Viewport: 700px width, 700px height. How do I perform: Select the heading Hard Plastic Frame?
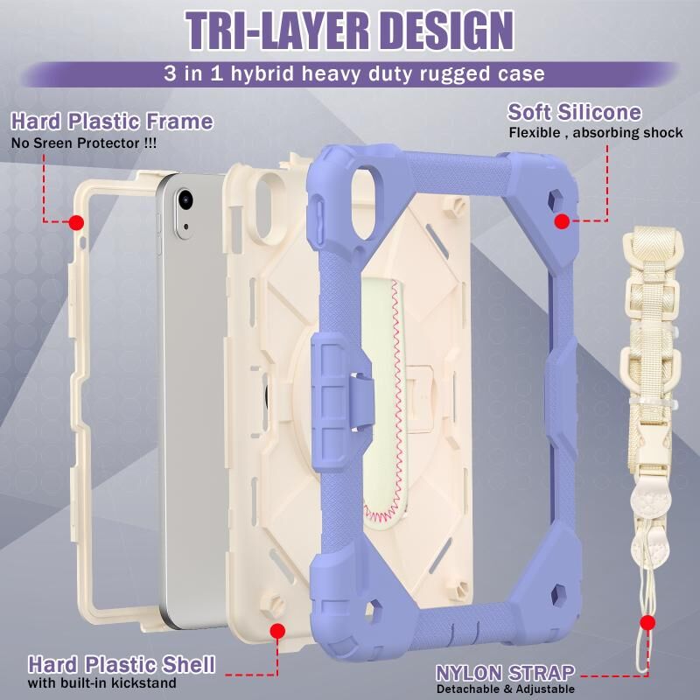point(112,122)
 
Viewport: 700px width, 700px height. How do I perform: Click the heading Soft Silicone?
point(574,113)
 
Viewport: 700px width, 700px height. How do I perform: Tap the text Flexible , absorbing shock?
point(596,133)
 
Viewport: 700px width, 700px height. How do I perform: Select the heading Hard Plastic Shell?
point(122,662)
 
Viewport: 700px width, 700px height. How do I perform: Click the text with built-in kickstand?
point(101,682)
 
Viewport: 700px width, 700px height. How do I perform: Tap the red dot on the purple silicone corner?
point(562,221)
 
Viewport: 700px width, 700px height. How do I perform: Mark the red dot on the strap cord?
point(647,623)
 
